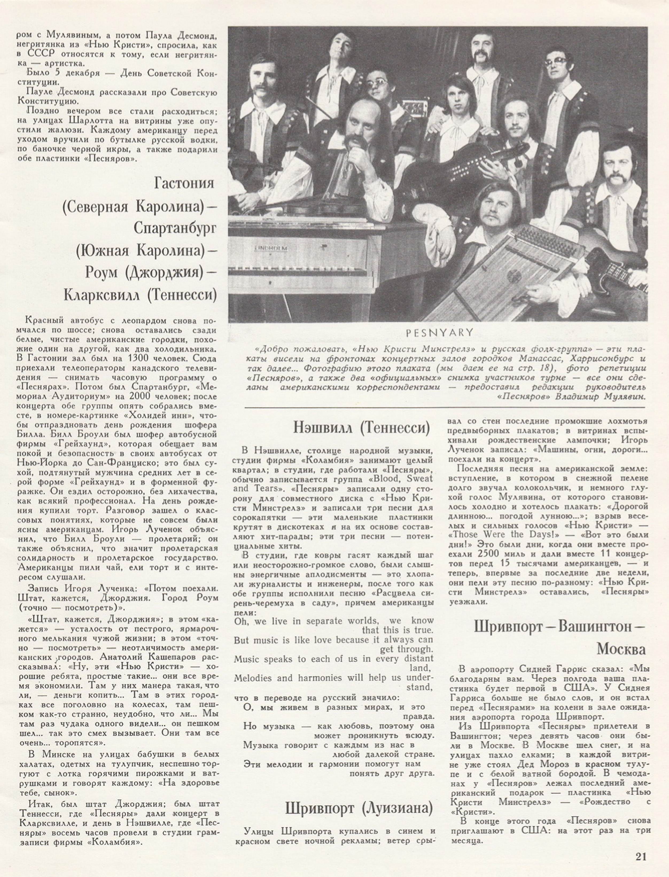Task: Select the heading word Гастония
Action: [x=184, y=183]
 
